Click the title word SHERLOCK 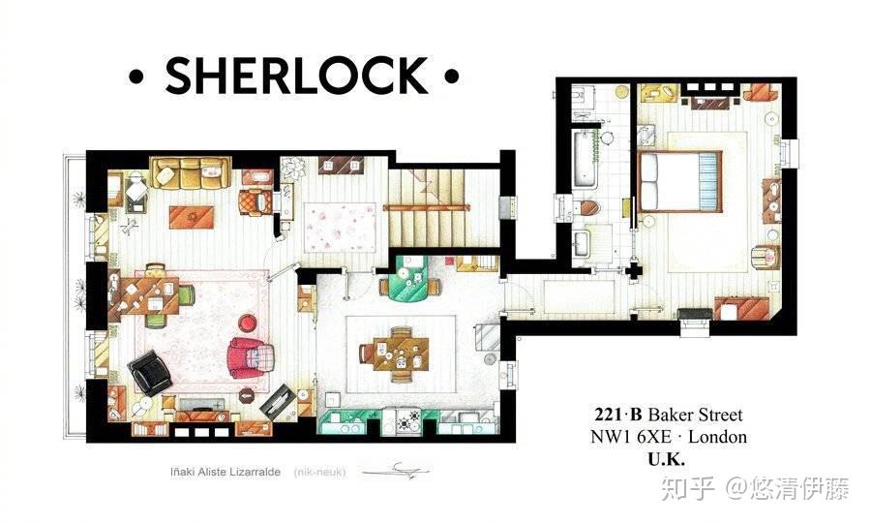[x=297, y=75]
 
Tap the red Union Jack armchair [x=252, y=357]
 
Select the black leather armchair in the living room [x=149, y=372]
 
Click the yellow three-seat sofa [x=191, y=173]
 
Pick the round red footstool [x=248, y=322]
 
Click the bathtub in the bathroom [x=585, y=159]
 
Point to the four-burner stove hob [x=410, y=420]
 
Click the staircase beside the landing [x=442, y=207]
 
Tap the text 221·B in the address [x=618, y=415]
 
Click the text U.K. [x=667, y=459]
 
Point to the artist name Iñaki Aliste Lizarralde [x=225, y=472]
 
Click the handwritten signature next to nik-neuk [x=396, y=471]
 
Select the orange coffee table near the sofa [x=191, y=217]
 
